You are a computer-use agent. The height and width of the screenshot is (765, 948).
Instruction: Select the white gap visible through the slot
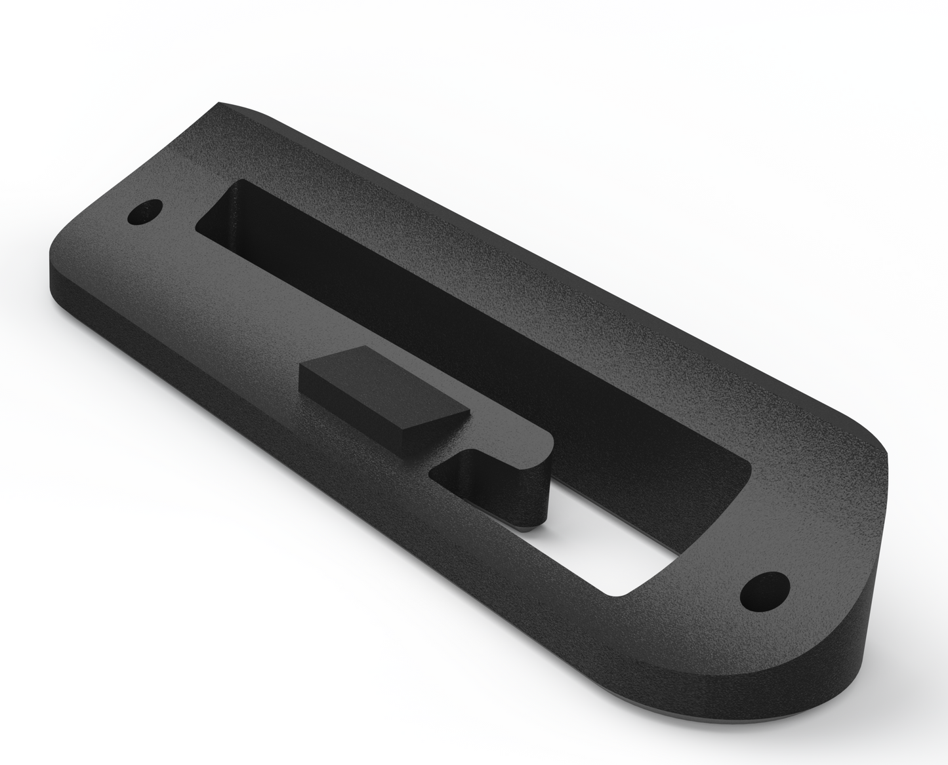coord(610,538)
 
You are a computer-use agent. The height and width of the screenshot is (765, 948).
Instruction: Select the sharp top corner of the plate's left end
coord(220,104)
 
